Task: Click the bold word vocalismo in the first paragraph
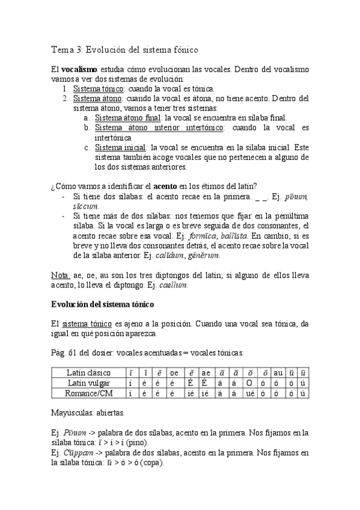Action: (79, 70)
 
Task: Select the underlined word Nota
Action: (60, 275)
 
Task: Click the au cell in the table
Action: (278, 373)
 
